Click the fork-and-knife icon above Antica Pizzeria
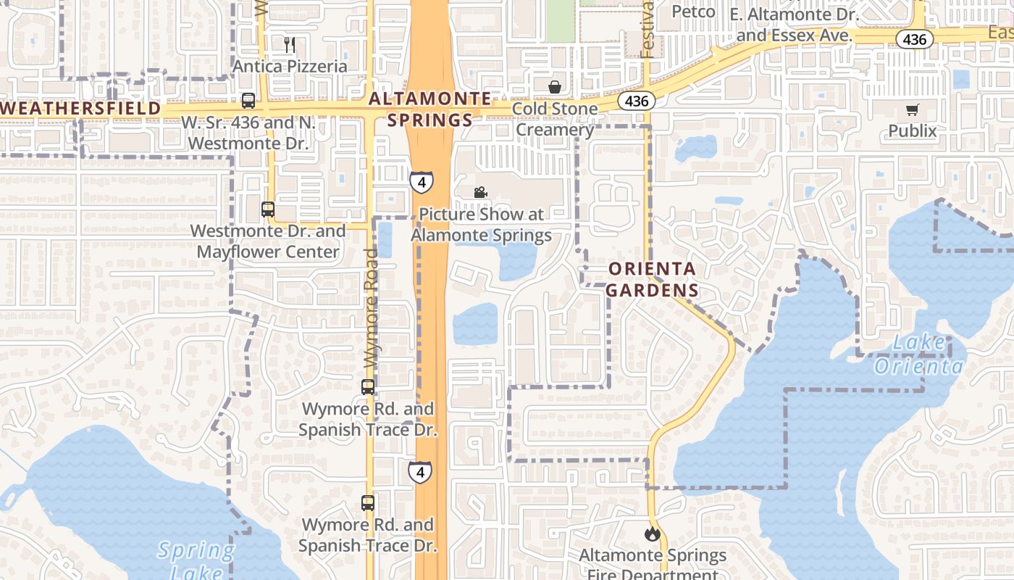(290, 45)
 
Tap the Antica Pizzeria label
(290, 66)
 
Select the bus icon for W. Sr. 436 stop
(248, 101)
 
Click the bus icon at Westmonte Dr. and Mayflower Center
(268, 210)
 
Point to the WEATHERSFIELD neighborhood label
(80, 108)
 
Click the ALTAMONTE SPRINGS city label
(430, 109)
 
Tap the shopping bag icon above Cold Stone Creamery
(555, 88)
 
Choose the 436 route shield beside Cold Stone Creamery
(637, 101)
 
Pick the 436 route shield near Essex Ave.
(915, 39)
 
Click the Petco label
(693, 12)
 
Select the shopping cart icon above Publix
(912, 110)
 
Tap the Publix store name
(912, 131)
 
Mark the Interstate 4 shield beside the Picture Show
(422, 181)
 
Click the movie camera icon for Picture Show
(479, 192)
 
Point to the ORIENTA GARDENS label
(652, 279)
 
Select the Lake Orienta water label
(918, 354)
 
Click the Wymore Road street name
(371, 308)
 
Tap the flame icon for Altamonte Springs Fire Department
(652, 534)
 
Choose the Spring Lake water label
(196, 560)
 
